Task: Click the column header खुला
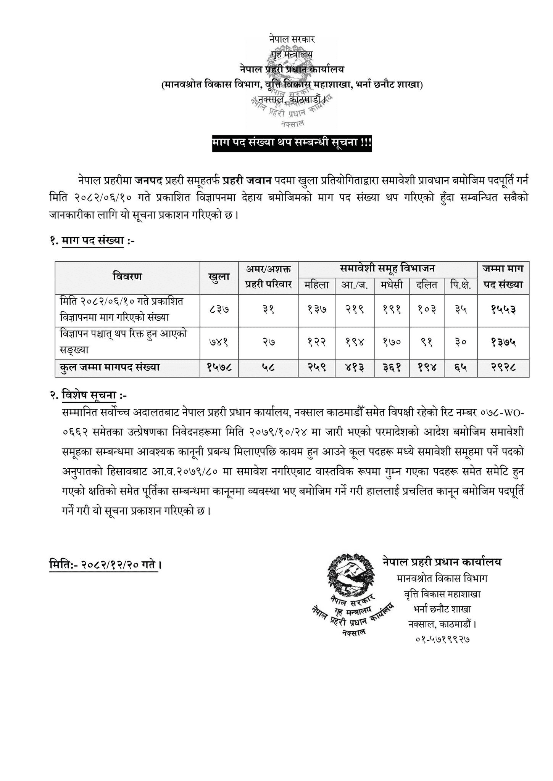tap(219, 277)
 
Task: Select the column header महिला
tap(316, 285)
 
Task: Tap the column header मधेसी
tap(391, 285)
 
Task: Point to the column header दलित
tap(427, 285)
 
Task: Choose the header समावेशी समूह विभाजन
tap(387, 269)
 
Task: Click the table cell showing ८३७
tap(219, 310)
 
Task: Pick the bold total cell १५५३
tap(503, 310)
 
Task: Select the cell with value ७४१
tap(219, 342)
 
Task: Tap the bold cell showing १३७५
tap(503, 342)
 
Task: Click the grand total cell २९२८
tap(503, 368)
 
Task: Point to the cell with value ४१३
tap(354, 368)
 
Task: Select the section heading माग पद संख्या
tap(93, 241)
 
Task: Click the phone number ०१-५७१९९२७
tap(442, 639)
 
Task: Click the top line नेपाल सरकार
tap(292, 39)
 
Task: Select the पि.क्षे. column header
tap(460, 285)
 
